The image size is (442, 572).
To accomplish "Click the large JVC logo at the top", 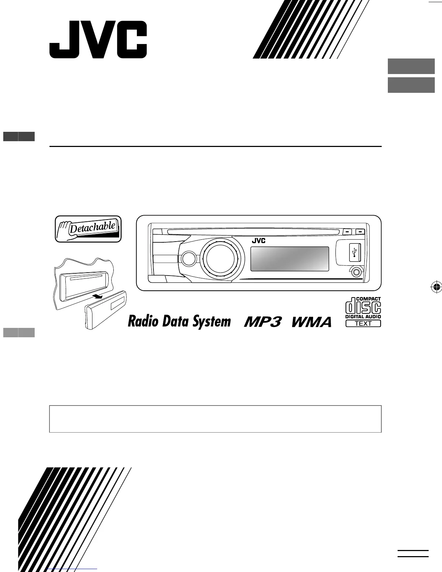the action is [x=98, y=40].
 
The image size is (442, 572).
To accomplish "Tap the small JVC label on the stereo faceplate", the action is [x=259, y=241].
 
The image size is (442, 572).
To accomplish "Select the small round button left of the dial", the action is [x=188, y=258].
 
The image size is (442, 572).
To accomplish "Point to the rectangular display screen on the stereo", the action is [x=290, y=259].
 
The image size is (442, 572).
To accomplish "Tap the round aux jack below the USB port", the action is [x=357, y=271].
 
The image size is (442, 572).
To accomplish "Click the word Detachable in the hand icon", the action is [x=92, y=228].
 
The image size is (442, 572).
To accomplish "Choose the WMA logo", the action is [x=311, y=322].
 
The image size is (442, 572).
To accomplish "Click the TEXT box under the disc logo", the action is [x=363, y=324].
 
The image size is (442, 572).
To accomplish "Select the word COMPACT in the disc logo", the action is [x=368, y=299].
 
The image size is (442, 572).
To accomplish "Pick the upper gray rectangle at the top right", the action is [x=411, y=66].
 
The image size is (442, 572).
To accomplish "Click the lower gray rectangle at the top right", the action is [x=411, y=85].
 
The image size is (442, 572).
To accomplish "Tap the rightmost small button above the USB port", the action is [x=360, y=231].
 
